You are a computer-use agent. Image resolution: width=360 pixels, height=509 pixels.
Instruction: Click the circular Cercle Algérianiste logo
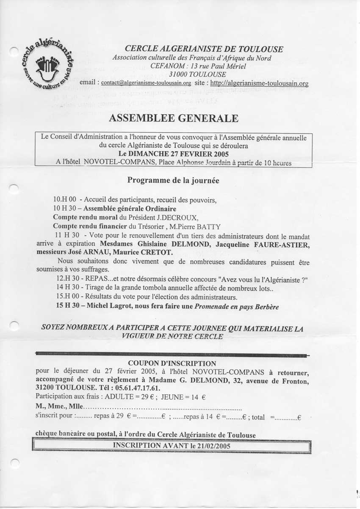[x=48, y=65]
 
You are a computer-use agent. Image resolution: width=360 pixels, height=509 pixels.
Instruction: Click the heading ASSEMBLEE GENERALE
[x=173, y=118]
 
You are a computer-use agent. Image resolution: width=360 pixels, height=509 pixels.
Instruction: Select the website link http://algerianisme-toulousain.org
[x=259, y=83]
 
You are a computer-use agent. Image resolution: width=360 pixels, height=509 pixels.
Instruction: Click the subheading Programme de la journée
[x=173, y=180]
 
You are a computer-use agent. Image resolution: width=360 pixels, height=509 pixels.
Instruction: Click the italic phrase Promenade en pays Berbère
[x=236, y=306]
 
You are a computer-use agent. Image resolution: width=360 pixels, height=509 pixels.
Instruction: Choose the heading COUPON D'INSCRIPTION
[x=172, y=363]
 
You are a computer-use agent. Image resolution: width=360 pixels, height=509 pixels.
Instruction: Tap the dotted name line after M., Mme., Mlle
[x=163, y=408]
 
